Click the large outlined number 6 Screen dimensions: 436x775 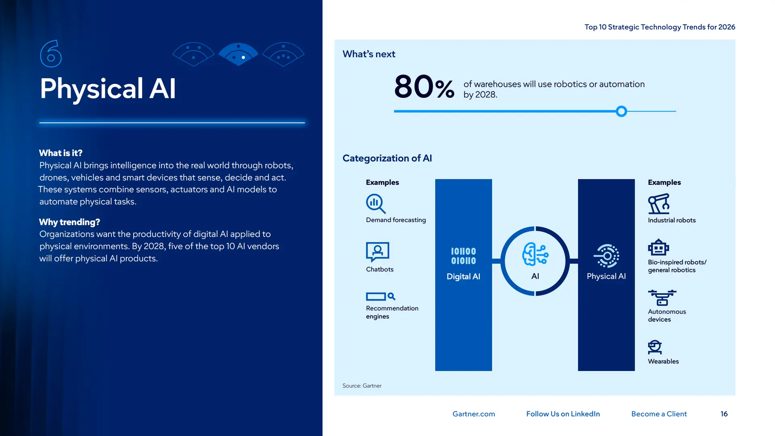pos(51,54)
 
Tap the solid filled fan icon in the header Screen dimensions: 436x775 pos(238,54)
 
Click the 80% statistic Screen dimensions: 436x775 pos(424,87)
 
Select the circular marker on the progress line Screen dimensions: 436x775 pos(621,111)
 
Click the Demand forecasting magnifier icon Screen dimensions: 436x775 pos(375,203)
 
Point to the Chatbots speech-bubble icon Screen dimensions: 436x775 pos(377,252)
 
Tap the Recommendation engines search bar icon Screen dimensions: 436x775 pos(380,297)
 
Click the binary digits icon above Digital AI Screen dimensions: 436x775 pos(463,256)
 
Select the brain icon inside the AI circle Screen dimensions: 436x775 pos(535,254)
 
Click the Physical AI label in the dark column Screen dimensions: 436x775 pos(606,277)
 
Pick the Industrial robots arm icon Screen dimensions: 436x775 pos(659,204)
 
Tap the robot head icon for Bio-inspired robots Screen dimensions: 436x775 pos(658,247)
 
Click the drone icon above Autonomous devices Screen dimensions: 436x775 pos(662,298)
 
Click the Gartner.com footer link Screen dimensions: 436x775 pos(473,414)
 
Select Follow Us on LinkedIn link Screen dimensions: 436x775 pos(563,414)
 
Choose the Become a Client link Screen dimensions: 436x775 pos(659,414)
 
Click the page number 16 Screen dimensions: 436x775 pos(724,414)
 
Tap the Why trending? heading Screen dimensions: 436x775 pos(69,222)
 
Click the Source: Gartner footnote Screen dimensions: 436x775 pos(362,386)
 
